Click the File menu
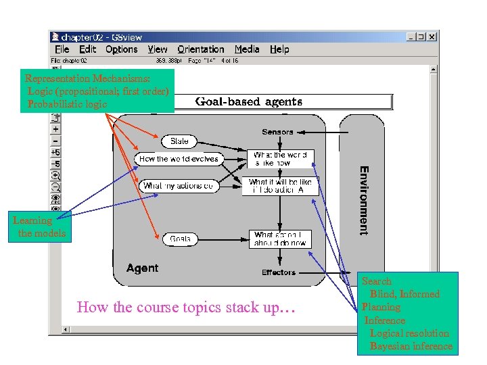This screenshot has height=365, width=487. pyautogui.click(x=62, y=49)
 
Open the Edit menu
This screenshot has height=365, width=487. pyautogui.click(x=88, y=49)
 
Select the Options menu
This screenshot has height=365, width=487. pyautogui.click(x=122, y=49)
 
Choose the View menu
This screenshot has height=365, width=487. pyautogui.click(x=158, y=49)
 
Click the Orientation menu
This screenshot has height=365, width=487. pyautogui.click(x=201, y=49)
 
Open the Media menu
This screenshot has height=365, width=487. pyautogui.click(x=247, y=49)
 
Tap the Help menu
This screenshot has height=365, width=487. pyautogui.click(x=279, y=49)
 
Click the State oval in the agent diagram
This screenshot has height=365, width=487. pyautogui.click(x=180, y=141)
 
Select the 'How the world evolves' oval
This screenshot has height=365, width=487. pyautogui.click(x=179, y=159)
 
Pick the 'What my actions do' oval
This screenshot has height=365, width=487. pyautogui.click(x=179, y=185)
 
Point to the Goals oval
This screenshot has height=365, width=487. pyautogui.click(x=181, y=239)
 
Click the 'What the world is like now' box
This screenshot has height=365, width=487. pyautogui.click(x=280, y=159)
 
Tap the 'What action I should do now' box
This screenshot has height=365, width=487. pyautogui.click(x=280, y=239)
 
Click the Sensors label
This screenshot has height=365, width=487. pyautogui.click(x=278, y=132)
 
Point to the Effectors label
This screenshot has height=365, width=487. pyautogui.click(x=279, y=272)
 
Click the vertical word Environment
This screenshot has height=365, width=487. pyautogui.click(x=364, y=200)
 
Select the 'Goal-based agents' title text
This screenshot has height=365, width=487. pyautogui.click(x=249, y=102)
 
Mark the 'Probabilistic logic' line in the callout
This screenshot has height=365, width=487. pyautogui.click(x=67, y=104)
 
